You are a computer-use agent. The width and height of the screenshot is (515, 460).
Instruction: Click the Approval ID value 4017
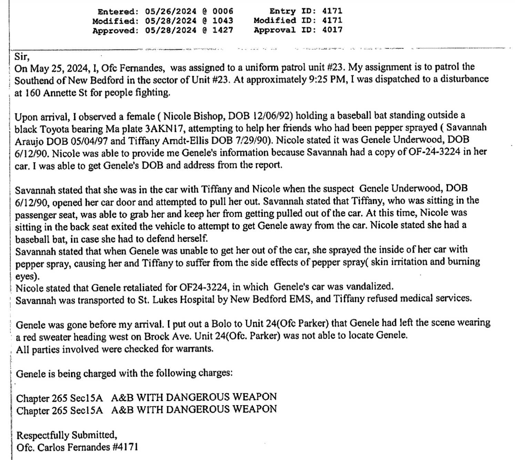pyautogui.click(x=332, y=30)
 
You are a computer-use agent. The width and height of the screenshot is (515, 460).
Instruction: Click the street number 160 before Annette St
pyautogui.click(x=33, y=93)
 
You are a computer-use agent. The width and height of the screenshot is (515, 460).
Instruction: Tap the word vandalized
pyautogui.click(x=369, y=287)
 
